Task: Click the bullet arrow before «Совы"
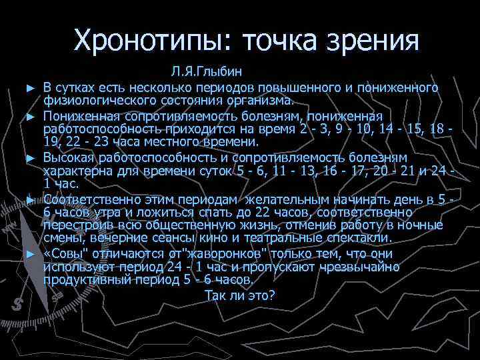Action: tap(29, 255)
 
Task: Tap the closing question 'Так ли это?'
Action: tap(239, 295)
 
